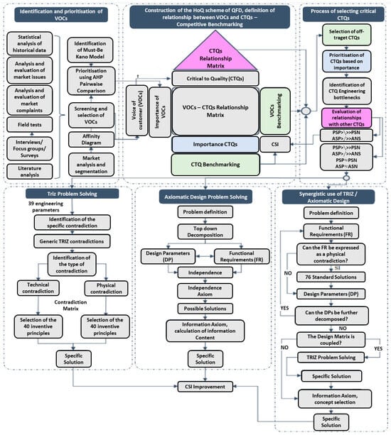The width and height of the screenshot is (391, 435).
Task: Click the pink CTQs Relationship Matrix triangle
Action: click(194, 56)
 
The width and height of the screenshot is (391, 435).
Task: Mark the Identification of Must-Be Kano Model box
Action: click(95, 49)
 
